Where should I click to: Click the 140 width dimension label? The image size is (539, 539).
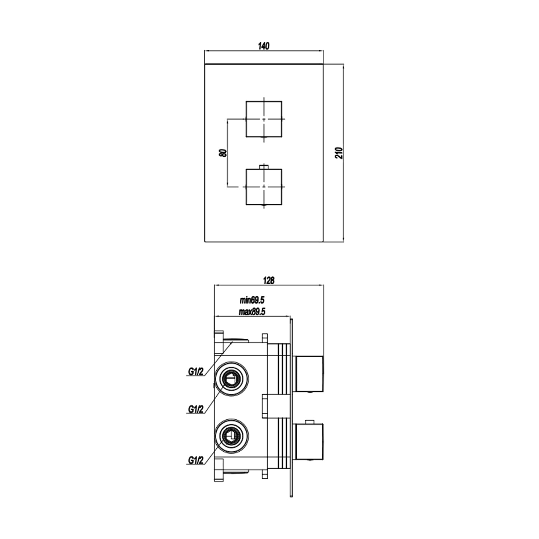point(263,46)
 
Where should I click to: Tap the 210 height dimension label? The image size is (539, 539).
point(341,152)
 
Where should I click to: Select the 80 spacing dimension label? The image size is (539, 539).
point(223,152)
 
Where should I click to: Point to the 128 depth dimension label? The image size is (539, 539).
point(268,280)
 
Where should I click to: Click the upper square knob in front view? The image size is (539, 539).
point(264,119)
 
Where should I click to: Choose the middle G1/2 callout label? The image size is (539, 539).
point(196,409)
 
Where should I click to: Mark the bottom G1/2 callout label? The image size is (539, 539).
point(196,460)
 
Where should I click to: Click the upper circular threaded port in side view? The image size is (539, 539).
point(231,378)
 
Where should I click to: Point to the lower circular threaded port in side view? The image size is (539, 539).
point(231,436)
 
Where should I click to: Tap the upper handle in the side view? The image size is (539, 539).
point(309,374)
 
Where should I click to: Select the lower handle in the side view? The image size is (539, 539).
point(309,442)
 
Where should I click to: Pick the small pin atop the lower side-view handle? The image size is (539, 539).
point(309,421)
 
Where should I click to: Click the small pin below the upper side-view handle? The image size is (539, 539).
point(309,393)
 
